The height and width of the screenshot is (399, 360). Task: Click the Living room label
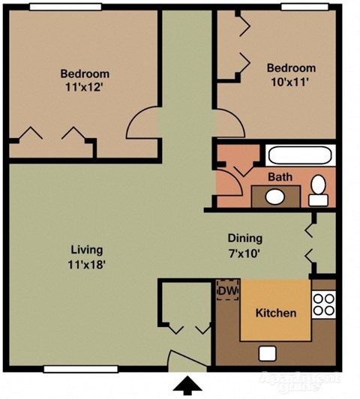click(86, 250)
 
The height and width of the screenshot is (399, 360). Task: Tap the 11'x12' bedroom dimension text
click(85, 88)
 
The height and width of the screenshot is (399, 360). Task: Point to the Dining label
click(244, 238)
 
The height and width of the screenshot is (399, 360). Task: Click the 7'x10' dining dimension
click(244, 253)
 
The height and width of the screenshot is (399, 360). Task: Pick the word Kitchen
click(276, 313)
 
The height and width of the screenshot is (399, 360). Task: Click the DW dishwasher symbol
click(226, 289)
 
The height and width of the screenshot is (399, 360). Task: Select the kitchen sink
click(267, 353)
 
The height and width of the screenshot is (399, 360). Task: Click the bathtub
click(300, 156)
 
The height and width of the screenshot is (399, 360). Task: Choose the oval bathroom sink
click(275, 197)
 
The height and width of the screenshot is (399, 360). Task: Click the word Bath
click(280, 178)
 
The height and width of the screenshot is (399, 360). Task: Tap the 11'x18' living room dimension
click(86, 264)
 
